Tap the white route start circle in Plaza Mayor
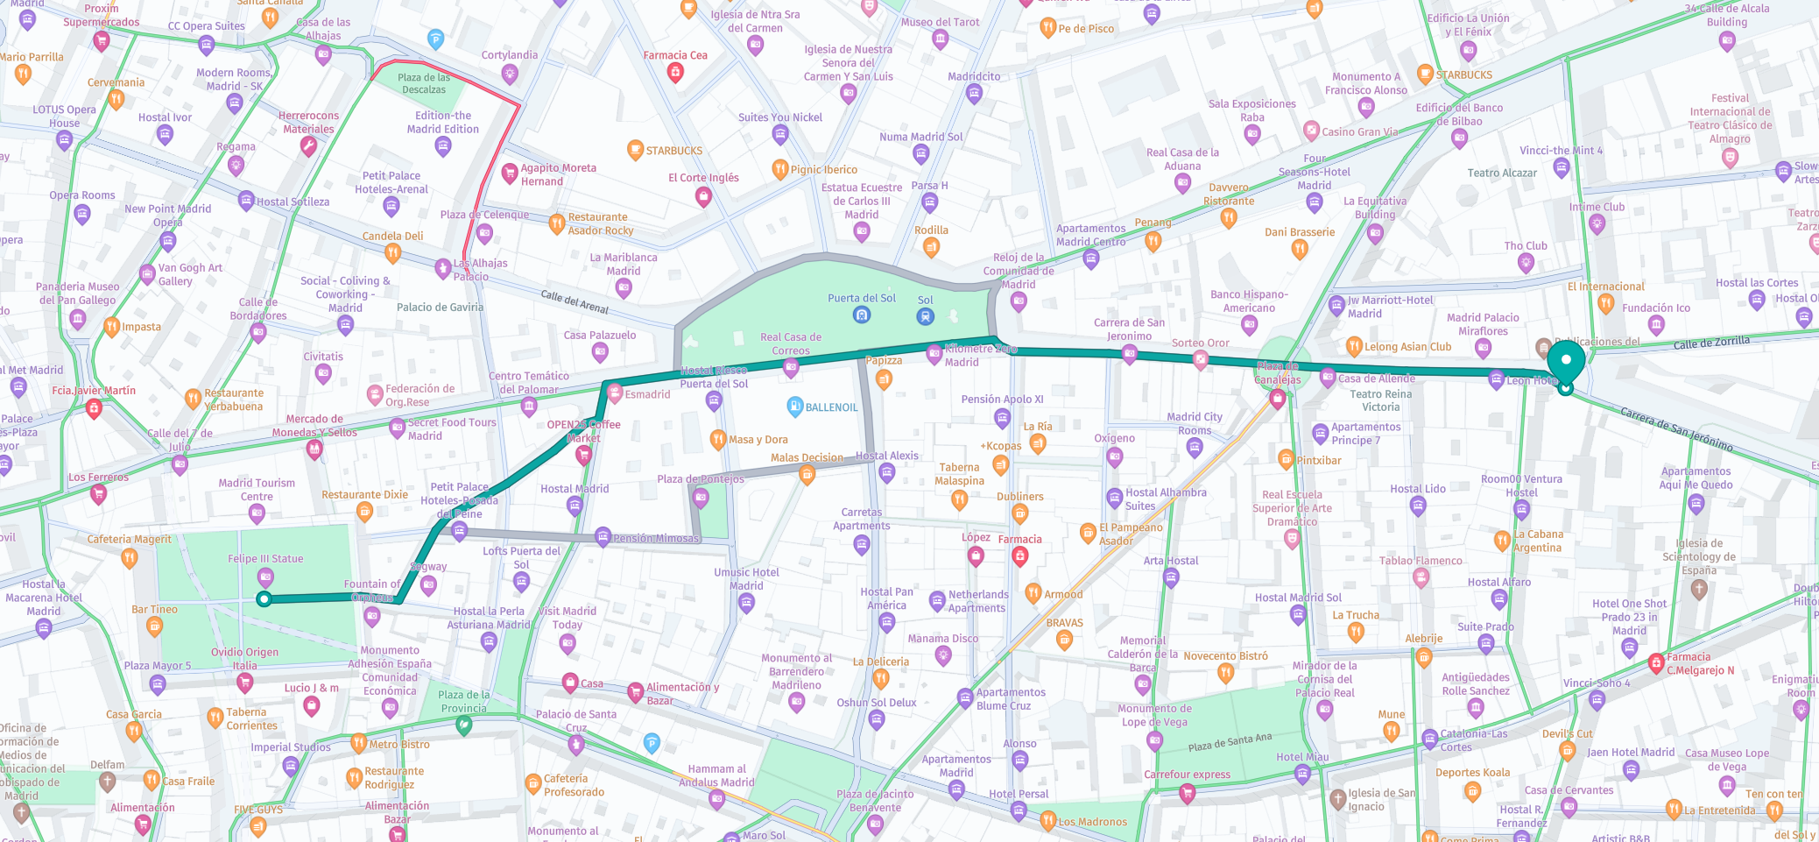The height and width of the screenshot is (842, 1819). click(264, 599)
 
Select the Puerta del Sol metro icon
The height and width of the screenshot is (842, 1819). click(862, 315)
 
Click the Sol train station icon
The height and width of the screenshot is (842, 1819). click(926, 316)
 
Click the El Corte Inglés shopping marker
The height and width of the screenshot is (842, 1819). click(702, 196)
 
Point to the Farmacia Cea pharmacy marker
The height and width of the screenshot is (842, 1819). click(675, 73)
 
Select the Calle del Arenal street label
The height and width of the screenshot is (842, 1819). click(575, 301)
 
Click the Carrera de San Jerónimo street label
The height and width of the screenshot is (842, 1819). click(1676, 429)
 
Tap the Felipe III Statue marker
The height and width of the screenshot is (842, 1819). click(265, 577)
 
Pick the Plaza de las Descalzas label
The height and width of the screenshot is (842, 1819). click(424, 83)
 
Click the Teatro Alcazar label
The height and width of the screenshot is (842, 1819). click(1502, 173)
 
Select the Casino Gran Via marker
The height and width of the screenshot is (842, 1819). click(1311, 131)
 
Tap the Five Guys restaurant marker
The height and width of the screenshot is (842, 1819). click(257, 825)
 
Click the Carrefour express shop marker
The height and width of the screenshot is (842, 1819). click(1188, 793)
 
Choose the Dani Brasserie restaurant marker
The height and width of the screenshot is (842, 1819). click(1300, 249)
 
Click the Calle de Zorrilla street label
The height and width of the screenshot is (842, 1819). click(1711, 343)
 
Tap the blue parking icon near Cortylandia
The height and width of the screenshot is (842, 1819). click(435, 39)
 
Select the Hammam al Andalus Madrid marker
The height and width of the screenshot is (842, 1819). click(717, 798)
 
